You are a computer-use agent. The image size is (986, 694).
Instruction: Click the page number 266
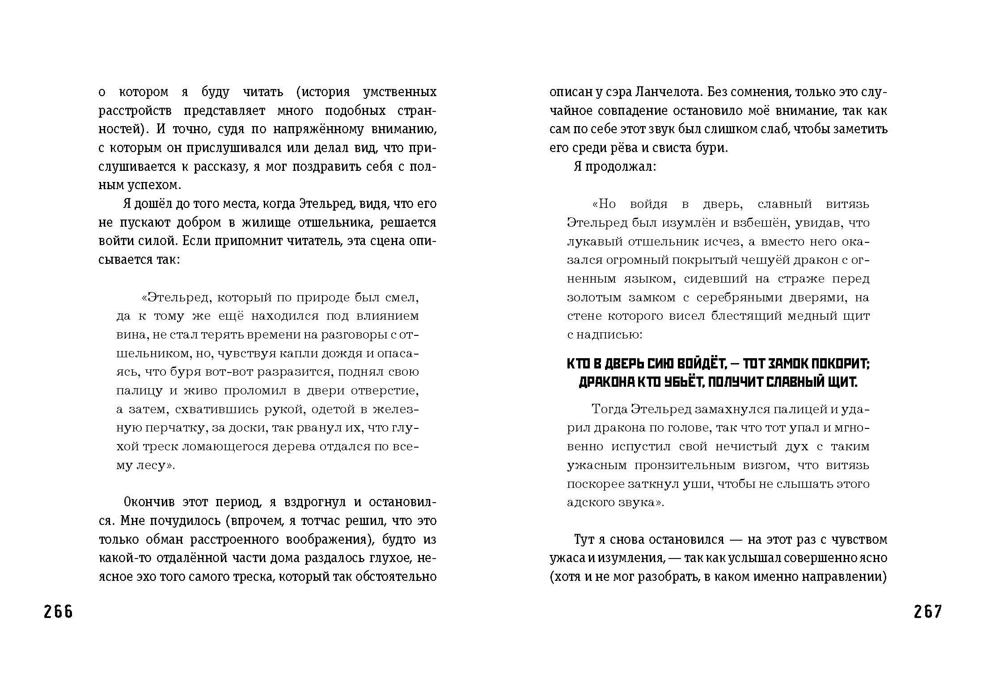pyautogui.click(x=58, y=611)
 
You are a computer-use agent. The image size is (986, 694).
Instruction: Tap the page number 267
pyautogui.click(x=927, y=611)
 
